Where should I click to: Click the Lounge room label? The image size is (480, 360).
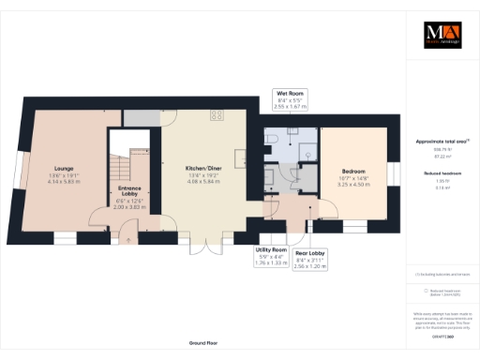pyautogui.click(x=64, y=167)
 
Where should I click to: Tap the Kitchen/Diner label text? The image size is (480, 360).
pyautogui.click(x=202, y=168)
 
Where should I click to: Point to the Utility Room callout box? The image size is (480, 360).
pyautogui.click(x=272, y=256)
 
